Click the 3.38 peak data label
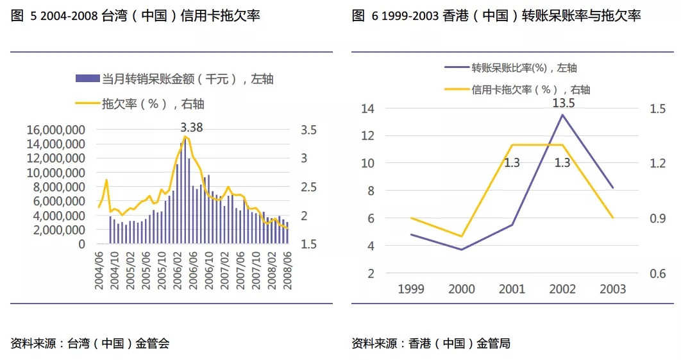(x=191, y=128)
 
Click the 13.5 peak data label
(x=562, y=103)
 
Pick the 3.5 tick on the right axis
(x=308, y=130)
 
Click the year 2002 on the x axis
(x=562, y=289)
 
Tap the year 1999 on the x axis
(x=411, y=289)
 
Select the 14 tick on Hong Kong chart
(x=367, y=108)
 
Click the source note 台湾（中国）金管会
(x=90, y=343)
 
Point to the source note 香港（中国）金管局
(x=431, y=343)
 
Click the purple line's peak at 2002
(x=562, y=115)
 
